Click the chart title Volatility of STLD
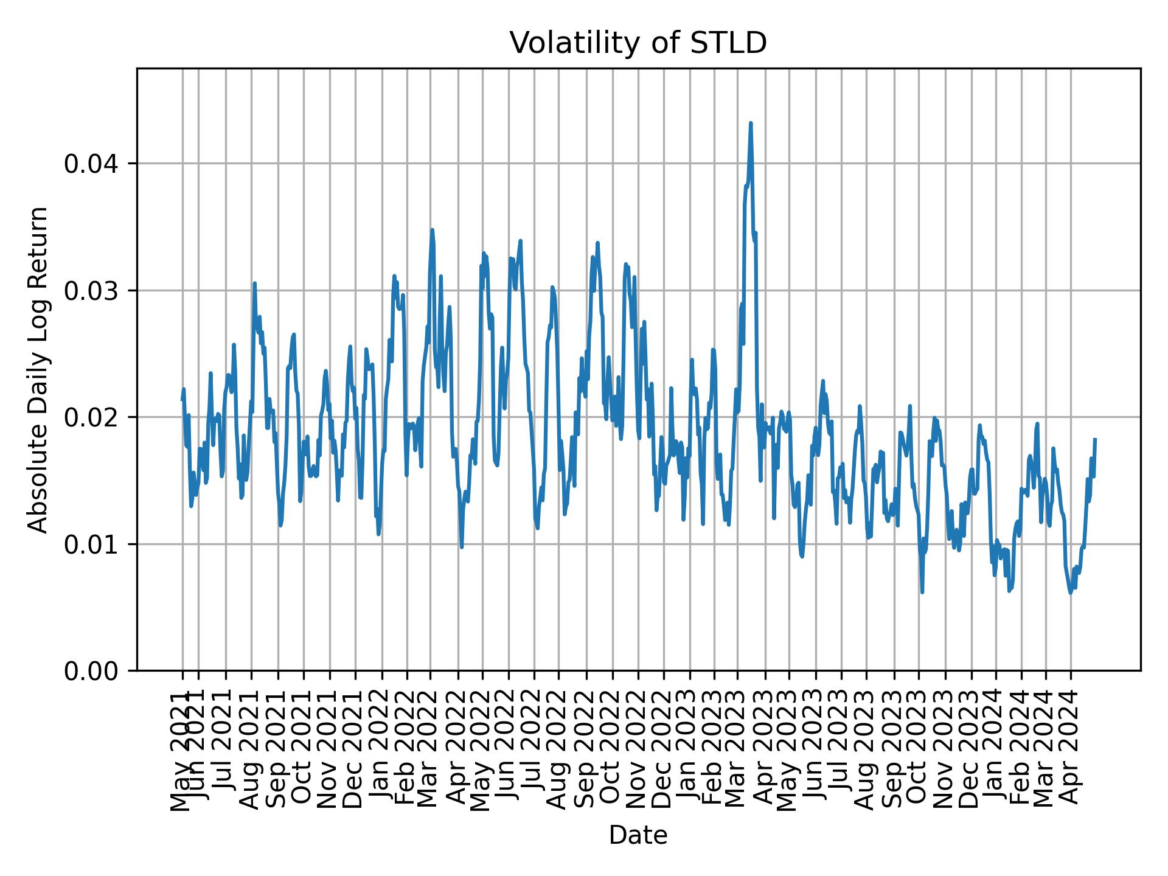[x=638, y=43]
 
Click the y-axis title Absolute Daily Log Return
[x=39, y=369]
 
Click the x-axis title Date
[x=638, y=836]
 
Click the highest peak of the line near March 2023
[x=751, y=123]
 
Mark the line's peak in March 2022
[x=432, y=230]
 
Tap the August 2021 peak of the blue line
[x=254, y=283]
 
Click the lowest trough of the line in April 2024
[x=1070, y=593]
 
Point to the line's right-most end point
[x=1095, y=439]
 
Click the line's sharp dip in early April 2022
[x=462, y=547]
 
